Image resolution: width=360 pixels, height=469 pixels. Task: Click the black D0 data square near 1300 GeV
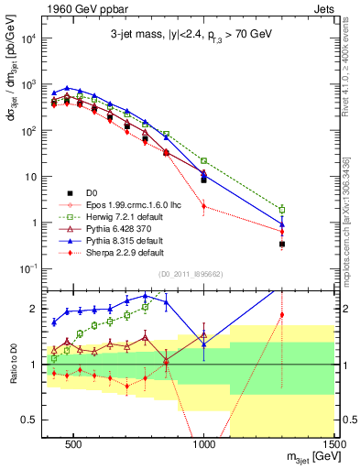tap(282, 244)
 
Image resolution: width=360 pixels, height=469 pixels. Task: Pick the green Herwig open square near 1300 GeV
tap(282, 210)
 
